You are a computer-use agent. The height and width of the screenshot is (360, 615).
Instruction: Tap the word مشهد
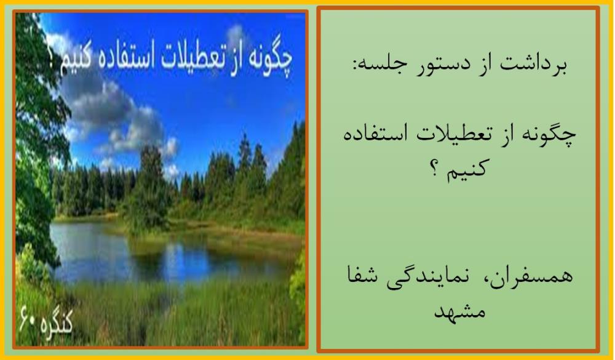pos(459,312)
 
